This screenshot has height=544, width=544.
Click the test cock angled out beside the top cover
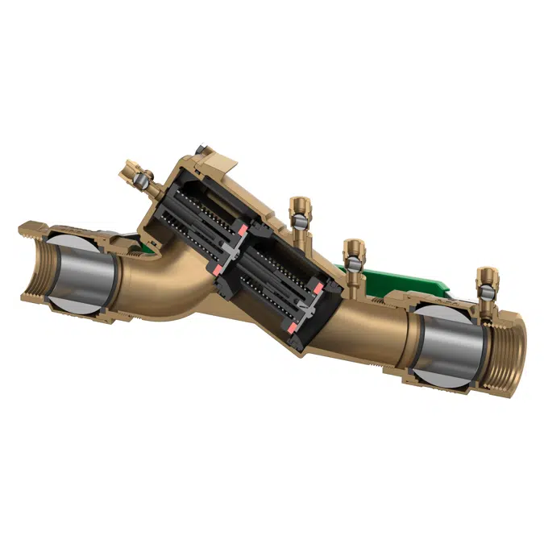[134, 172]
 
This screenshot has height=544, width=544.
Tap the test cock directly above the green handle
[352, 250]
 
